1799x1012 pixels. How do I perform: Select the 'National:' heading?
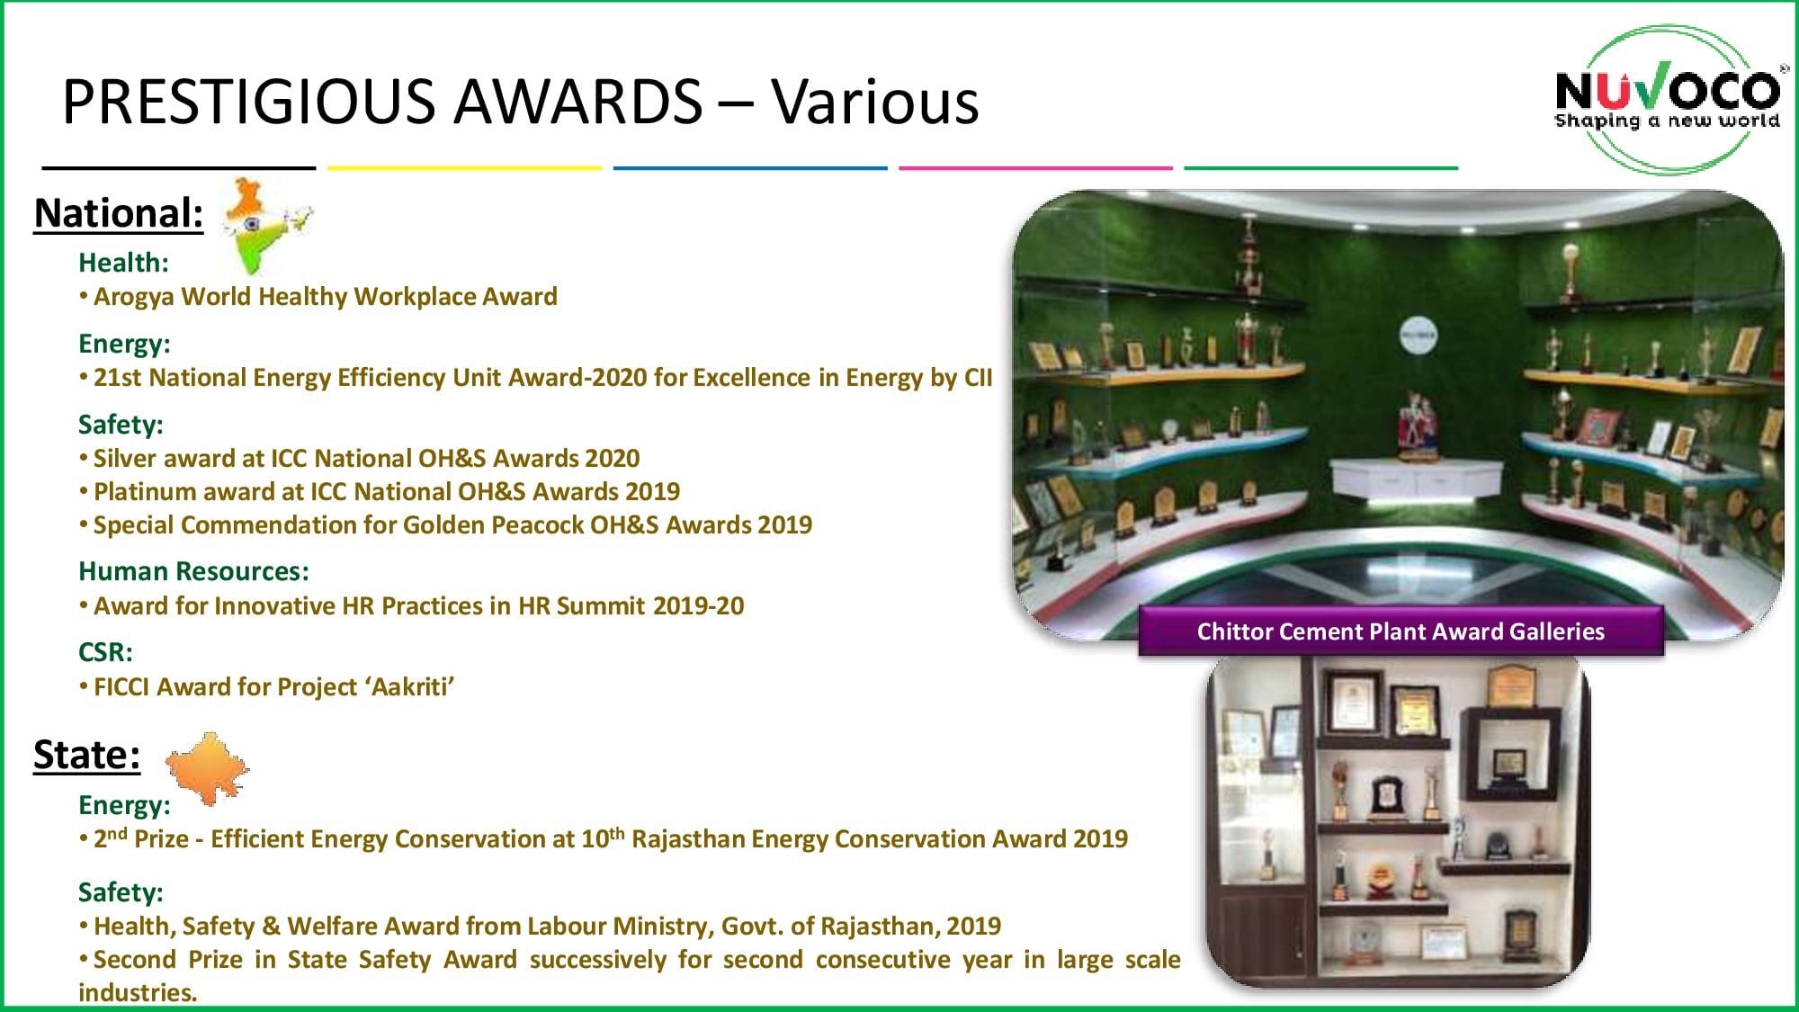(119, 214)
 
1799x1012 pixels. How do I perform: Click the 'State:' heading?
(87, 755)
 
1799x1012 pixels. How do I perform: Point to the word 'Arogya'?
(134, 298)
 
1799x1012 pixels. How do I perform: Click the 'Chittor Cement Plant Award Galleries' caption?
(1401, 631)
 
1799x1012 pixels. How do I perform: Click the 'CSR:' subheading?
(105, 652)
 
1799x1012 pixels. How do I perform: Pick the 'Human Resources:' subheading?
(193, 571)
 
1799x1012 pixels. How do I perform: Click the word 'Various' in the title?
(875, 101)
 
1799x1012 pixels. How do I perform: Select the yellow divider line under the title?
(464, 167)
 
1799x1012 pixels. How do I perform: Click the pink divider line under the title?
(1035, 167)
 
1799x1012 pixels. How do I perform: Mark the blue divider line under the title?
(750, 167)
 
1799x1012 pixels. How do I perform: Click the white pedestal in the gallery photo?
(1416, 478)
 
